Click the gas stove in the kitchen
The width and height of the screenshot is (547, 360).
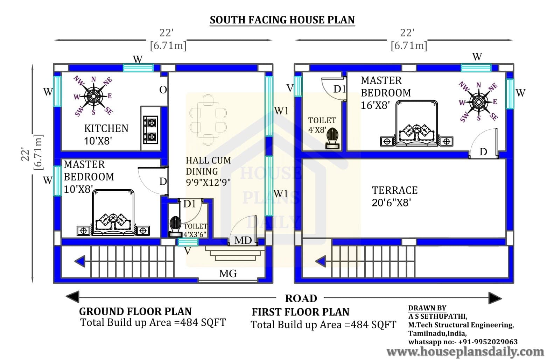(x=150, y=130)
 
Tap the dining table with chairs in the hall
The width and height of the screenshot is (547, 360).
(x=208, y=120)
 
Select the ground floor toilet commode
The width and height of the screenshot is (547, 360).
(x=175, y=226)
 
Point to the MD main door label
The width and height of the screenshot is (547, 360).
(x=243, y=240)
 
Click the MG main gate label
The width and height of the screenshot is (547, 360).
(x=228, y=274)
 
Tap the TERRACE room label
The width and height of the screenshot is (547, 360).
(x=395, y=190)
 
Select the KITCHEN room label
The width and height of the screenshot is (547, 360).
(x=106, y=128)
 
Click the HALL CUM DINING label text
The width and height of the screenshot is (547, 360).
(x=208, y=166)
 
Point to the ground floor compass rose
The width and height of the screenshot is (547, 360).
(x=93, y=96)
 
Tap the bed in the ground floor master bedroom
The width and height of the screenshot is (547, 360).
(x=113, y=213)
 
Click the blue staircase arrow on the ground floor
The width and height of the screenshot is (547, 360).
(x=79, y=261)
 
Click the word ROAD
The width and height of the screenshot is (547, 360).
(x=301, y=298)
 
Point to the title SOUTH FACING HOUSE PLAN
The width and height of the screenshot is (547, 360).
(x=282, y=20)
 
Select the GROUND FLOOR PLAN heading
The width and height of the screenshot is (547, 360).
(x=135, y=311)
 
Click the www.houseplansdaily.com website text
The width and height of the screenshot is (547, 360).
(x=465, y=352)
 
